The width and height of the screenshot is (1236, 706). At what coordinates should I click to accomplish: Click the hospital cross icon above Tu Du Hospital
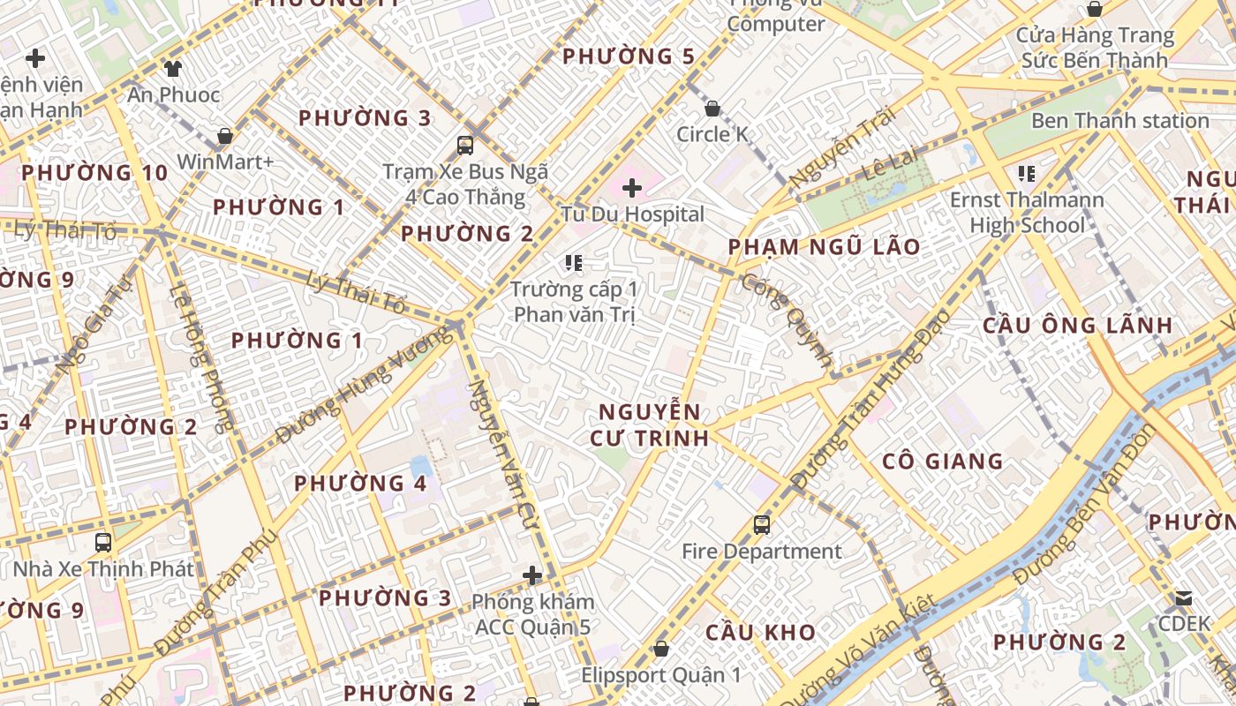click(632, 187)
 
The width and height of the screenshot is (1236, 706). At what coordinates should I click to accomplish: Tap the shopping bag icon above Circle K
click(712, 109)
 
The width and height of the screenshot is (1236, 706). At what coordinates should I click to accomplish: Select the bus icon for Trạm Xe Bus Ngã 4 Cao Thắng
click(465, 145)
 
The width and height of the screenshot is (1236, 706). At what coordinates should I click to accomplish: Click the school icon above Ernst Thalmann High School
click(1026, 173)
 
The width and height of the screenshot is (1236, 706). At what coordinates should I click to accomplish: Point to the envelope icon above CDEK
click(1183, 598)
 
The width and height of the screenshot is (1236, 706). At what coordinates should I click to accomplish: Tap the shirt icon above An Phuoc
click(173, 68)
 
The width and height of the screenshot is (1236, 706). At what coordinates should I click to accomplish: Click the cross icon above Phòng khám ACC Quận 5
click(532, 575)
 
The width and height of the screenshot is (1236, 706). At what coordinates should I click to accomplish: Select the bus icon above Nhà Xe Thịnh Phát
click(103, 542)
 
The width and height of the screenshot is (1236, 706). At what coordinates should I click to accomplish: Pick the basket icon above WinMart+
click(225, 136)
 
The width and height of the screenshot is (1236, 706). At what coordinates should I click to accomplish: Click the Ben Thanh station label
click(1119, 121)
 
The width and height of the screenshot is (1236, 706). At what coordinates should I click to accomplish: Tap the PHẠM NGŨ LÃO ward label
click(825, 247)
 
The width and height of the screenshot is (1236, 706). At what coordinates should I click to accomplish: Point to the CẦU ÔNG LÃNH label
click(1078, 326)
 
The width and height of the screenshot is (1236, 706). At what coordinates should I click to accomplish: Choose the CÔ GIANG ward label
click(943, 462)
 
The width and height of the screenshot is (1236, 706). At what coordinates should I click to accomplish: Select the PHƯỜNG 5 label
click(629, 56)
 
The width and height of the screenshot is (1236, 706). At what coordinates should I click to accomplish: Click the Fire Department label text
click(762, 552)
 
